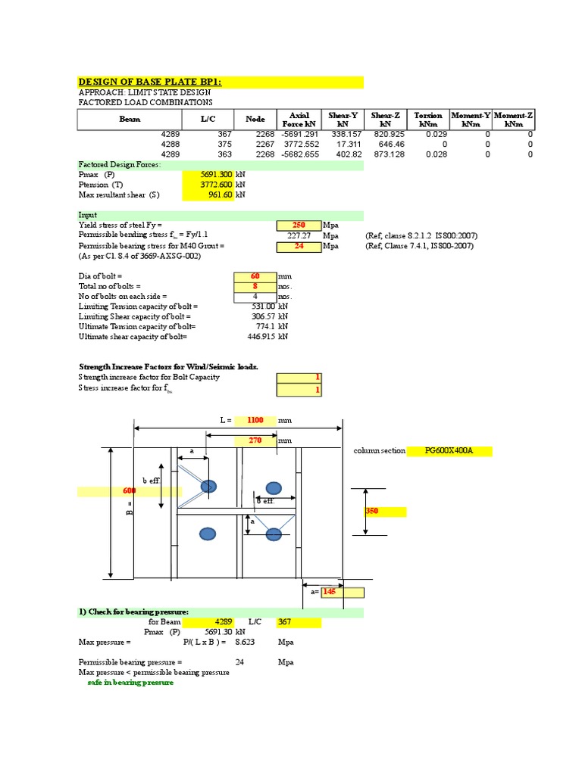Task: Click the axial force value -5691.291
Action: tap(301, 134)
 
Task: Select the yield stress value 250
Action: tap(299, 226)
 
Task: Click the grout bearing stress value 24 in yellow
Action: tap(299, 246)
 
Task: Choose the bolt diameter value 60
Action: tap(255, 276)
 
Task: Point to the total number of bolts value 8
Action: tap(255, 287)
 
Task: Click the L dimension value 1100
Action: tap(254, 419)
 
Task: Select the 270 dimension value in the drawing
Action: tap(254, 440)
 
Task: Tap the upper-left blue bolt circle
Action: tap(208, 485)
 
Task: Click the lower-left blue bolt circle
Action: tap(208, 535)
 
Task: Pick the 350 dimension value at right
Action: tap(373, 512)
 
